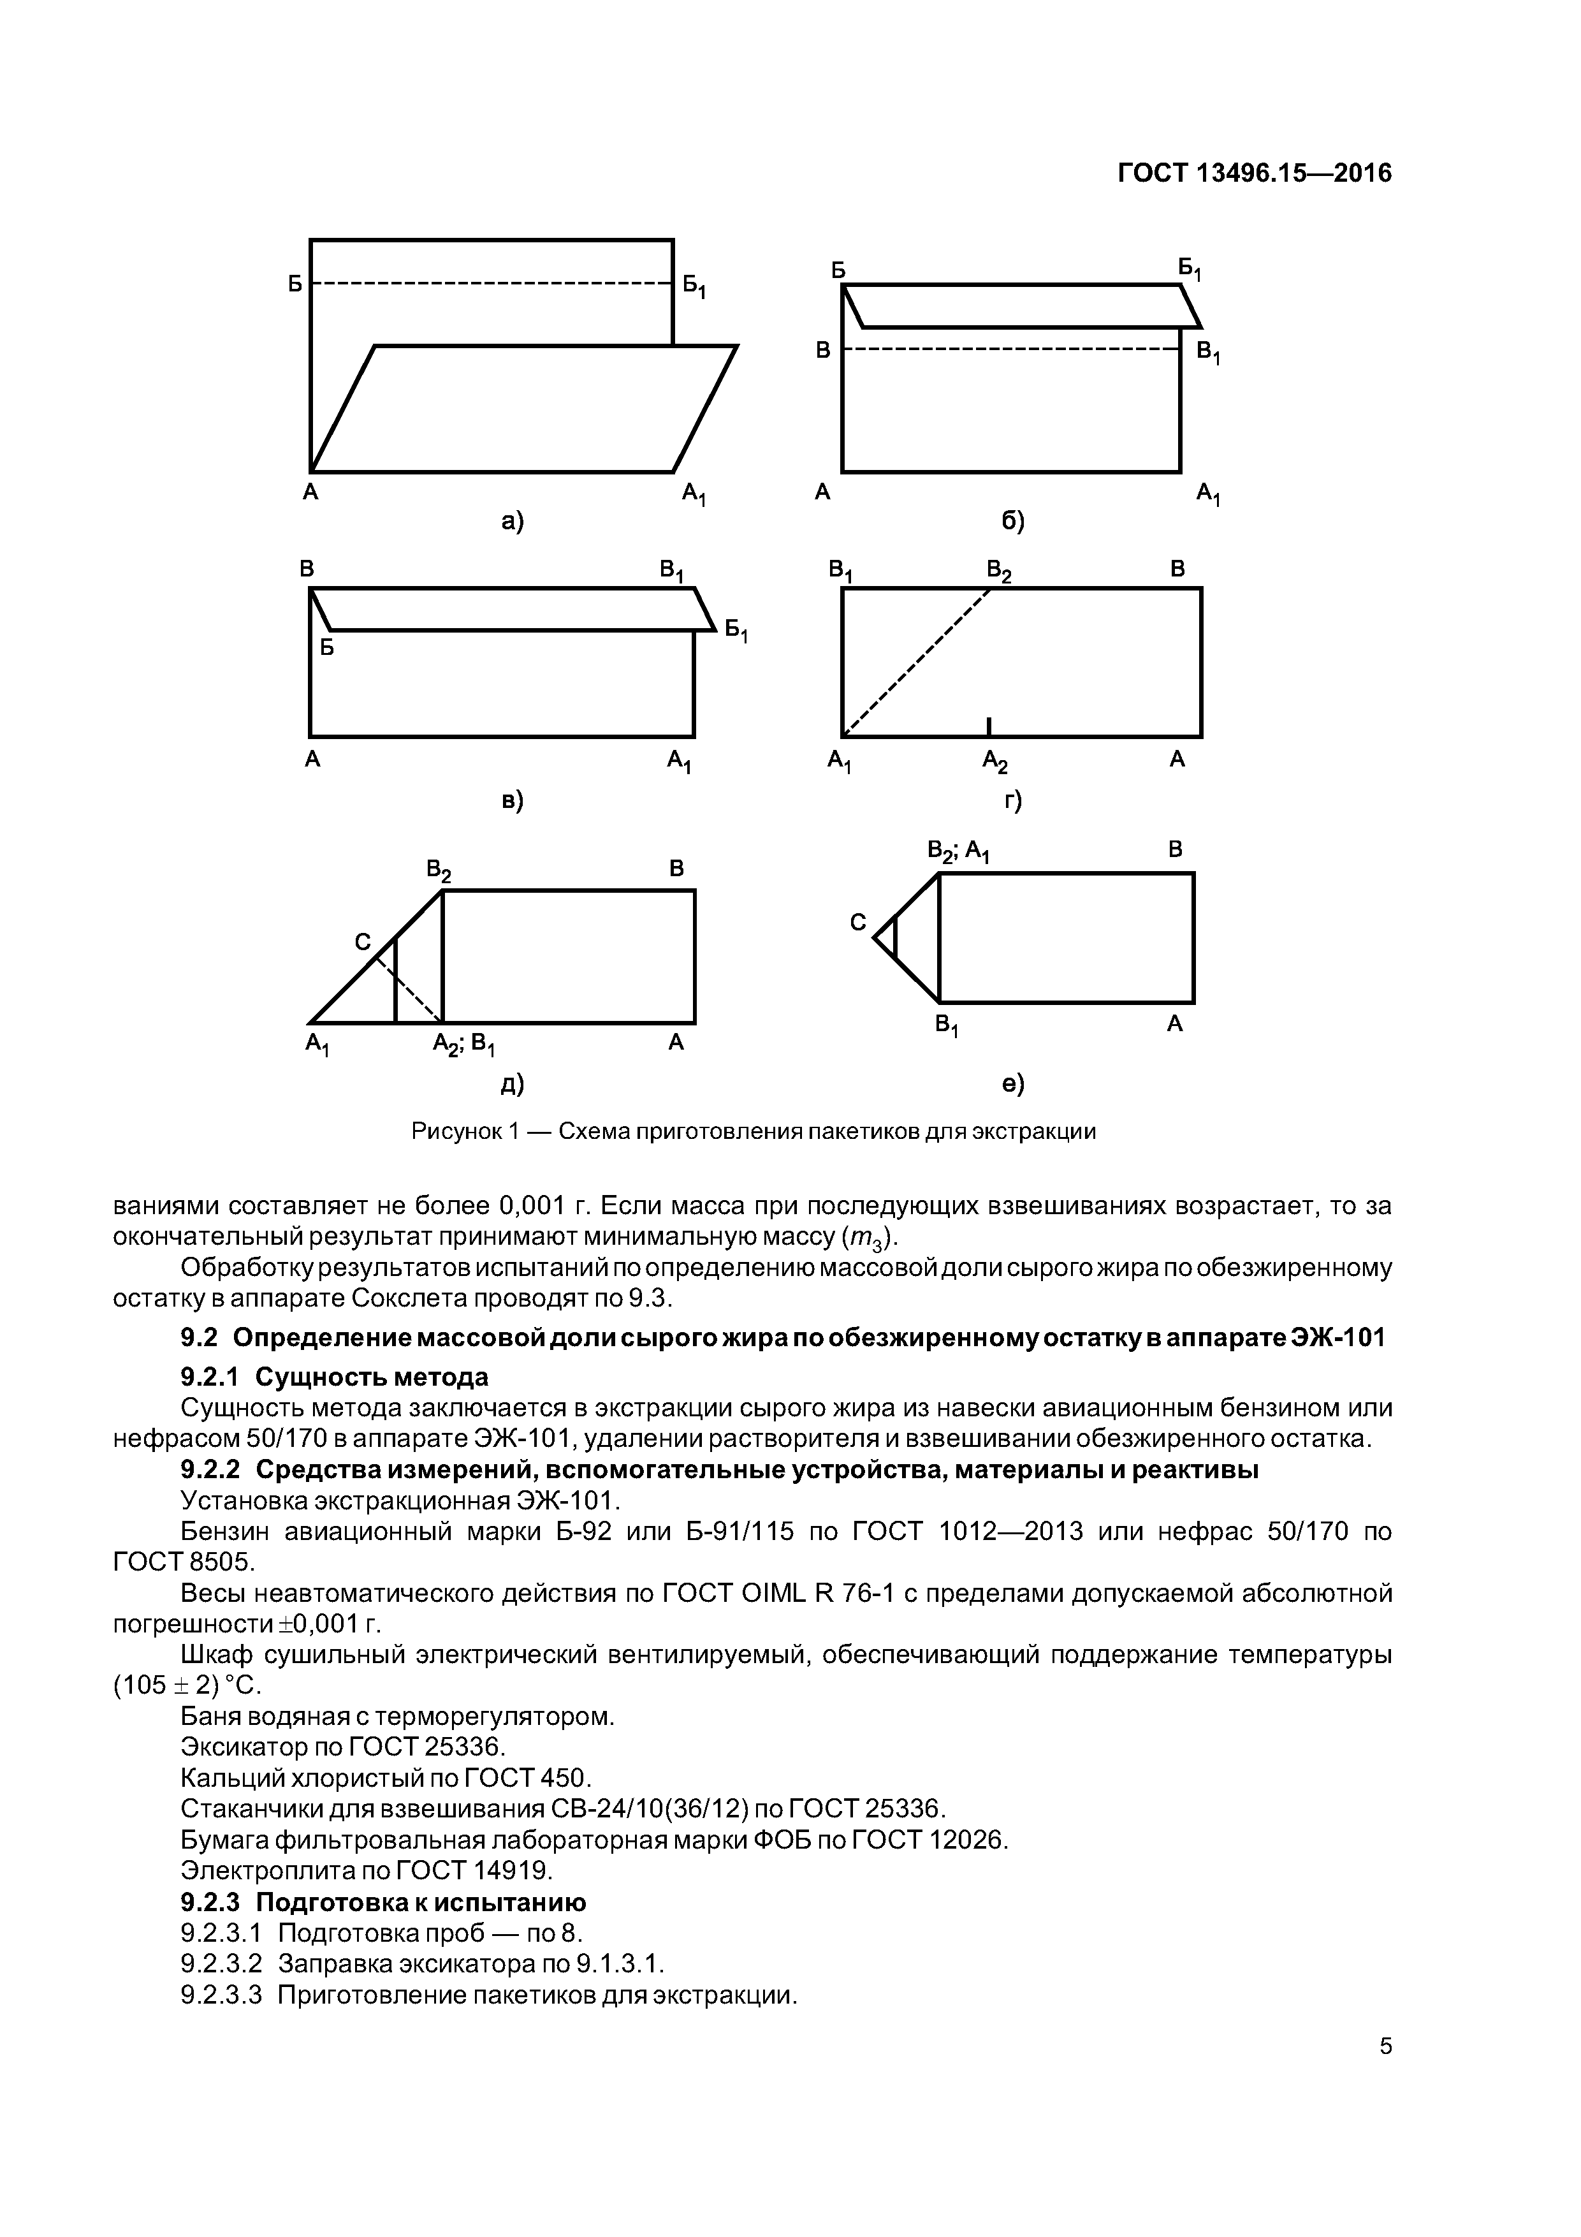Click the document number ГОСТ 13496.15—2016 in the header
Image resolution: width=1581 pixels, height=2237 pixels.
pyautogui.click(x=1254, y=173)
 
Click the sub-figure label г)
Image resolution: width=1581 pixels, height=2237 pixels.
pyautogui.click(x=1013, y=801)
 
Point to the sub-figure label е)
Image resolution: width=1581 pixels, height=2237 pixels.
pyautogui.click(x=1013, y=1082)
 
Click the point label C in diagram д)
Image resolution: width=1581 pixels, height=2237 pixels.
pyautogui.click(x=362, y=941)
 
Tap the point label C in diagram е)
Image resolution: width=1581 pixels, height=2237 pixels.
pyautogui.click(x=857, y=921)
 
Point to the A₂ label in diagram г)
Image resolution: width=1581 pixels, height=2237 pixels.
pyautogui.click(x=994, y=761)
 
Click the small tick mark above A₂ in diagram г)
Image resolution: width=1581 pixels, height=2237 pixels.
pyautogui.click(x=989, y=726)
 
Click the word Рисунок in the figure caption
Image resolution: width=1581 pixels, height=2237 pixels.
pyautogui.click(x=453, y=1131)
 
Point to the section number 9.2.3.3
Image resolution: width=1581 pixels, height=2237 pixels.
pyautogui.click(x=221, y=1995)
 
